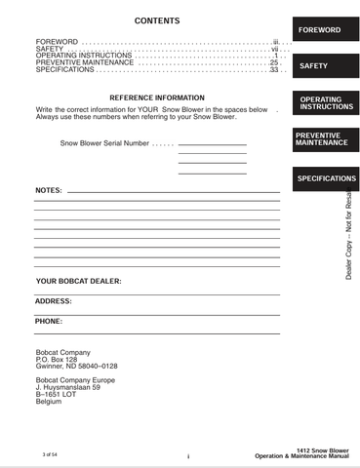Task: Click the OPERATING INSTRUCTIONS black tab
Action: point(325,102)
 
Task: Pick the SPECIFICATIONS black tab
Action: point(326,179)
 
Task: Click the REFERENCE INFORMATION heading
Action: point(157,98)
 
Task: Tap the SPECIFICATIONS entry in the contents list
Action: point(63,70)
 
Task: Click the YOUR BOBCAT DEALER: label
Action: point(79,281)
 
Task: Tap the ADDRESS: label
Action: point(54,301)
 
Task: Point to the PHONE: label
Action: point(49,321)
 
